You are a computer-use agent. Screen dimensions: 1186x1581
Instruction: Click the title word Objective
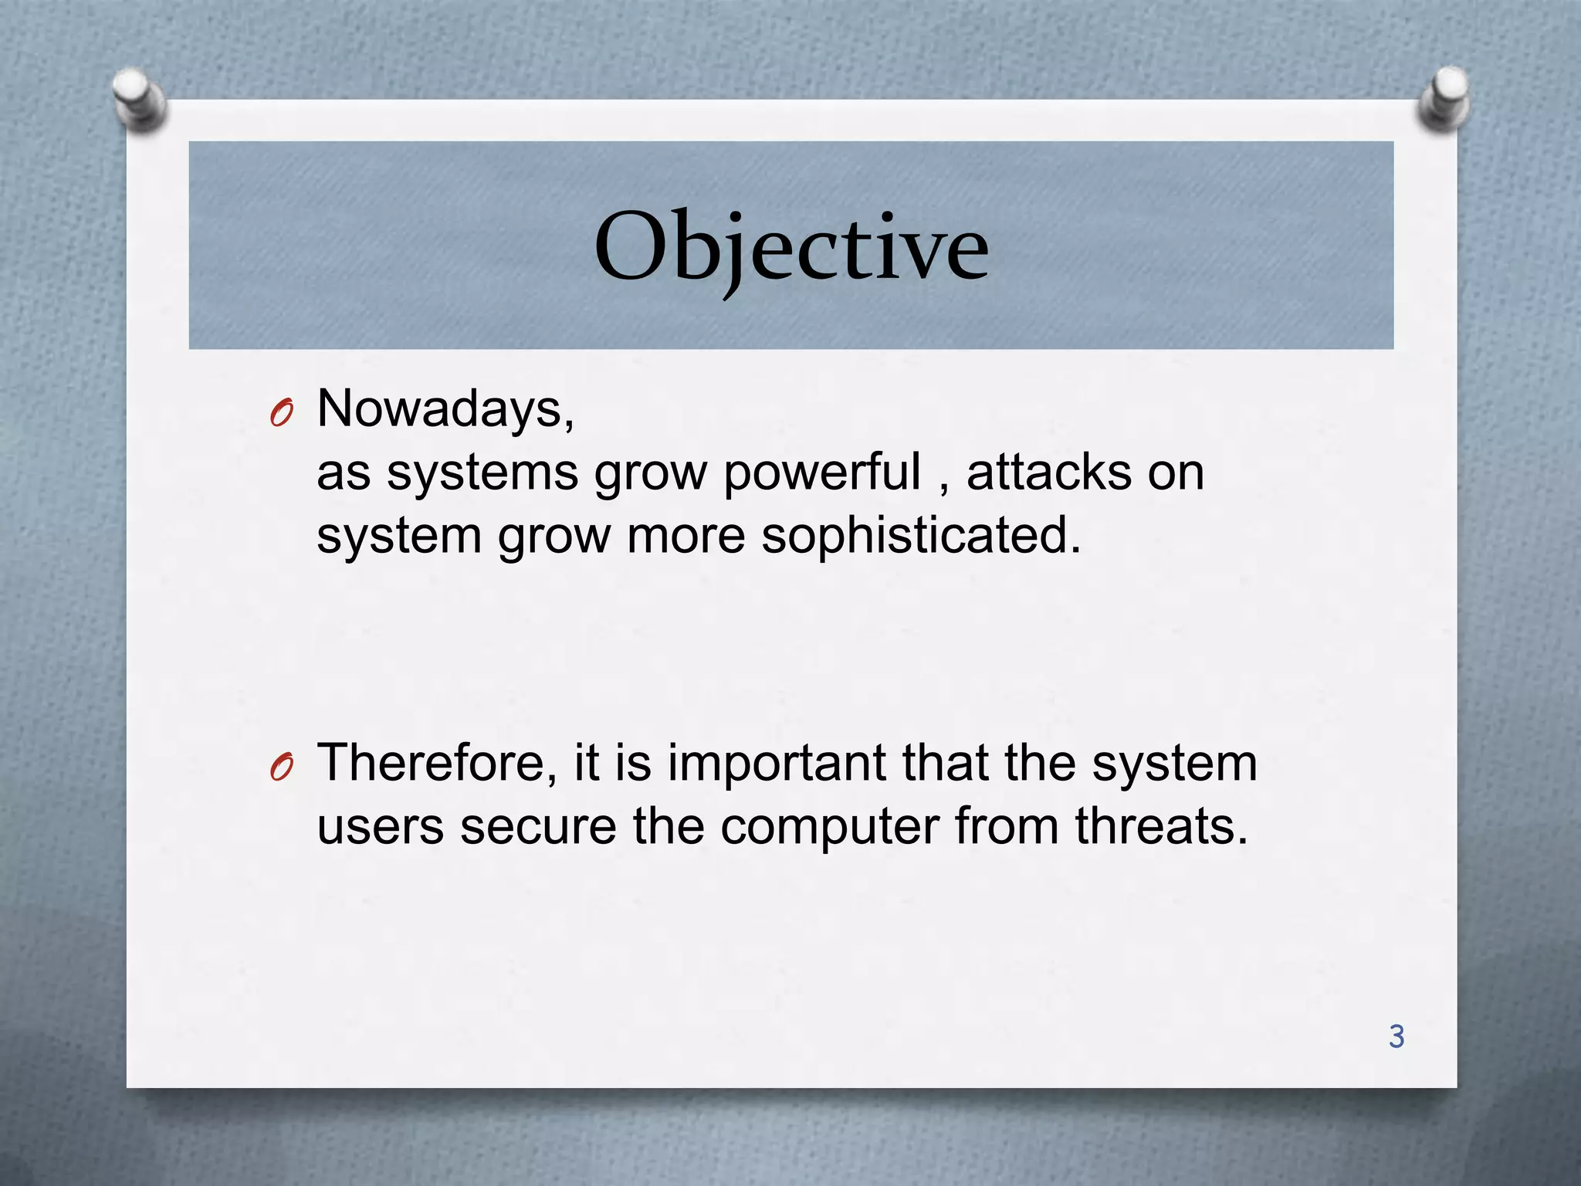click(791, 247)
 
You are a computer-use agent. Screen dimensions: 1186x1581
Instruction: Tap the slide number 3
click(1396, 1036)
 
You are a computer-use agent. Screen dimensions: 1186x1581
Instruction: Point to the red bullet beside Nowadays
click(282, 415)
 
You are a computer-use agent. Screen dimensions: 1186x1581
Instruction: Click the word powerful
click(821, 473)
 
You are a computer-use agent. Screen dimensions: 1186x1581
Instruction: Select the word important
click(777, 763)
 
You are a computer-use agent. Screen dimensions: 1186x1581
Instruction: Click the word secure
click(538, 826)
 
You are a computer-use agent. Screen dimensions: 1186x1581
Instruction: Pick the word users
click(381, 826)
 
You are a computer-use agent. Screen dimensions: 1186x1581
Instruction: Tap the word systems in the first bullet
click(482, 473)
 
